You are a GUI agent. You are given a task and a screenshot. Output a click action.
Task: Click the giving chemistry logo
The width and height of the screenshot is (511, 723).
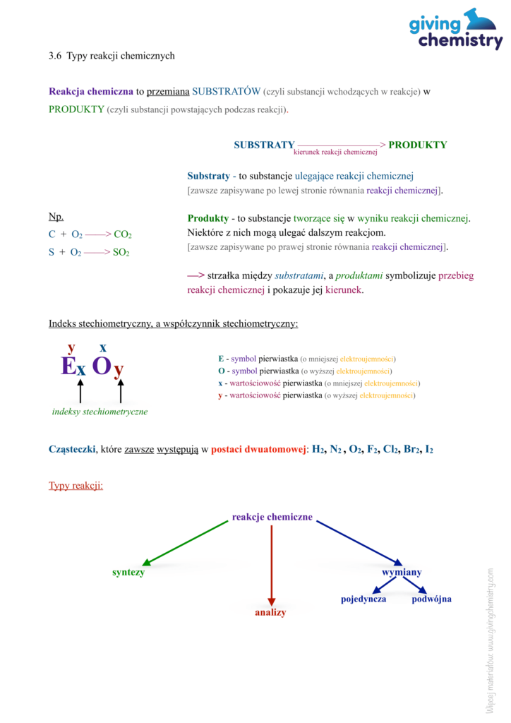[455, 30]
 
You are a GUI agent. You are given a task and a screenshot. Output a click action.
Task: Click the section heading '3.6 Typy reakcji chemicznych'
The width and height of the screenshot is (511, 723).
[112, 55]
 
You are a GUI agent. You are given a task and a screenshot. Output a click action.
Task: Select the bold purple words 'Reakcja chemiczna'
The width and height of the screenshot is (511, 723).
[91, 91]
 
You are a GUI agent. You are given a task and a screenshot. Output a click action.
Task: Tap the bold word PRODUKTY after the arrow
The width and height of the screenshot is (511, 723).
[417, 145]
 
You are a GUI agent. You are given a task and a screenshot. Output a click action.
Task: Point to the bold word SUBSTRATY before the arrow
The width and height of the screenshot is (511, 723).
[264, 145]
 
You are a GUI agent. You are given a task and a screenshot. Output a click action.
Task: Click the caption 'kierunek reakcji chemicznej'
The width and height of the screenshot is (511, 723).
[335, 152]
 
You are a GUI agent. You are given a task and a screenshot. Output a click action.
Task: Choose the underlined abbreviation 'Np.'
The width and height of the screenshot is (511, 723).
[56, 216]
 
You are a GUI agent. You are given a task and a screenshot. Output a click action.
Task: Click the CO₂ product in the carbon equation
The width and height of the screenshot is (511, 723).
[123, 234]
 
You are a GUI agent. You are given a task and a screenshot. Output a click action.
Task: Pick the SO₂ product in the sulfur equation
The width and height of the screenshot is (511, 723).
[121, 252]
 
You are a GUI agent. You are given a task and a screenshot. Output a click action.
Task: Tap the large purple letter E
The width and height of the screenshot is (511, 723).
[68, 366]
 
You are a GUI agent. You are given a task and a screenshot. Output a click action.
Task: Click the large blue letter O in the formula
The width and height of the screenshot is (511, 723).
[102, 366]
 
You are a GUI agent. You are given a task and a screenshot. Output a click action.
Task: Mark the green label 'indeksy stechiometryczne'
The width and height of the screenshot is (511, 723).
[100, 412]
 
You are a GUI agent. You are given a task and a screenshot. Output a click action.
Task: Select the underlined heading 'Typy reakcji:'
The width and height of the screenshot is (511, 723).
[76, 486]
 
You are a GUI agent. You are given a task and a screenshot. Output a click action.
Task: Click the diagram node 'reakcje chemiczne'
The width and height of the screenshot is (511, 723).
[272, 517]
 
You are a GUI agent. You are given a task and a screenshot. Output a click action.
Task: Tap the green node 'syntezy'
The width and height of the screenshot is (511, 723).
[128, 572]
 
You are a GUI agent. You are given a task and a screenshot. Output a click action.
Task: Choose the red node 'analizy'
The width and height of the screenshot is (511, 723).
[270, 612]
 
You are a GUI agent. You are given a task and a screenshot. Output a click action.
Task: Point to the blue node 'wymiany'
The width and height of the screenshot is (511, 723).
[402, 572]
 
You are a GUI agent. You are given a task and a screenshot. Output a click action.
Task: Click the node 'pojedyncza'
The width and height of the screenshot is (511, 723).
[363, 599]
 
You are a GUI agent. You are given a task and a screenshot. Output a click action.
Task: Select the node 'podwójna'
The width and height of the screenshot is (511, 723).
[431, 599]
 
